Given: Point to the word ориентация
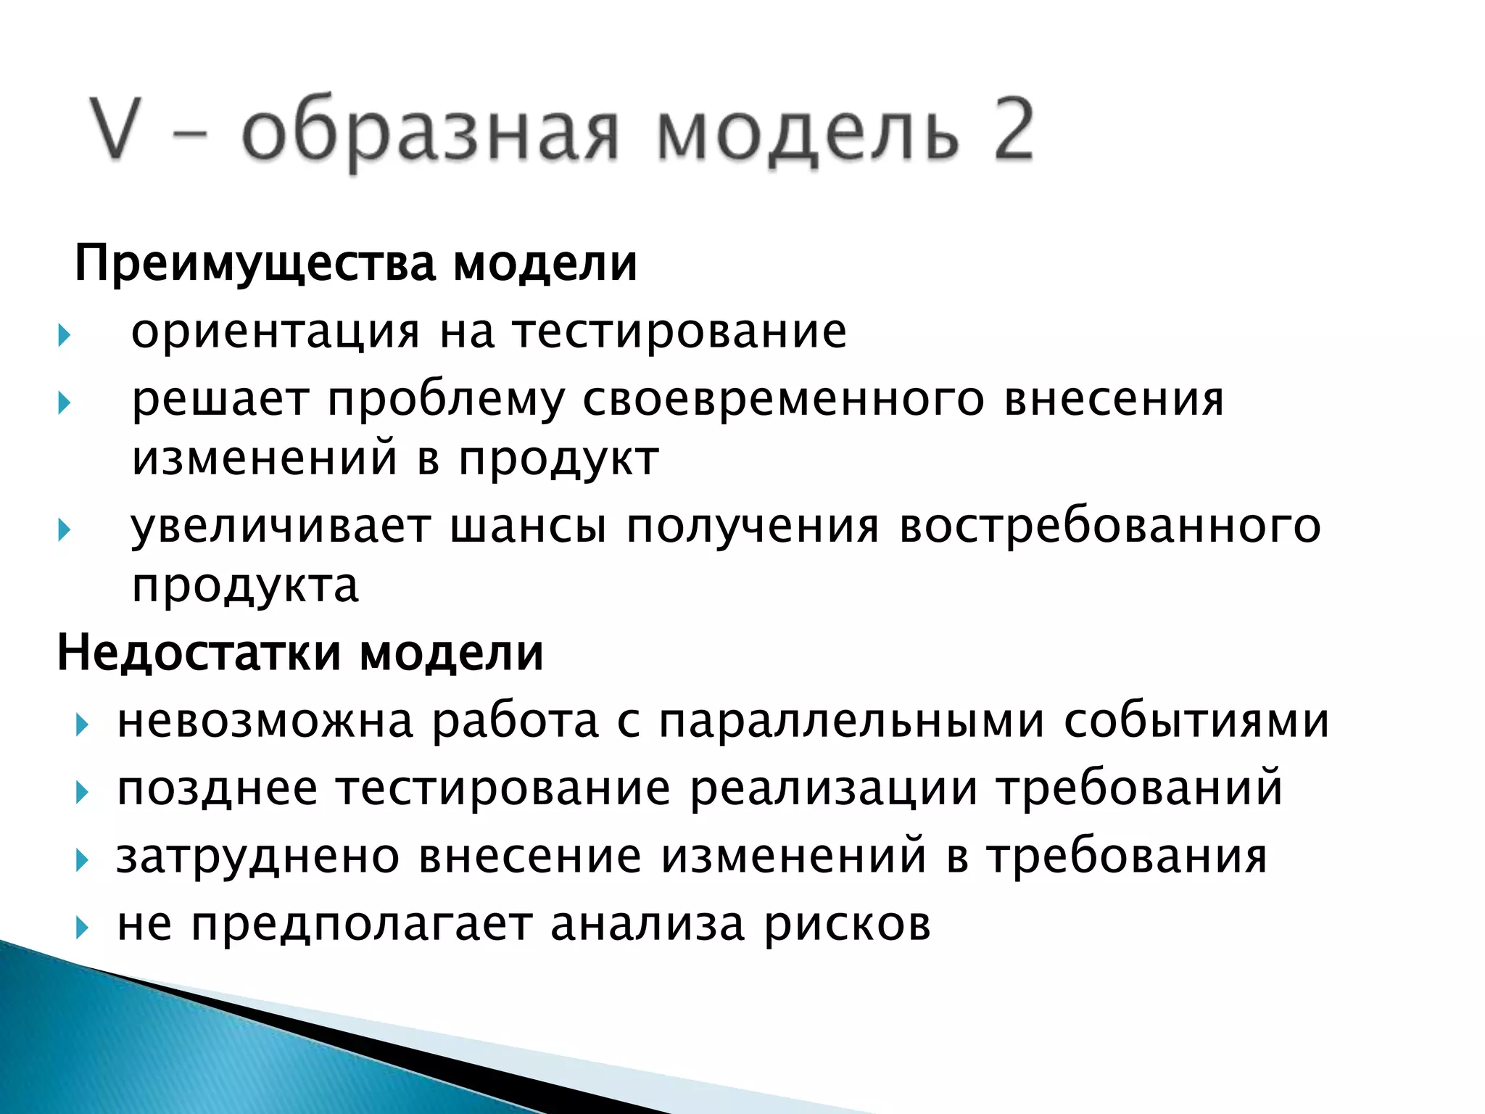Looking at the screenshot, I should point(276,332).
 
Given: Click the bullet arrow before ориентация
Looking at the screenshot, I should point(65,335).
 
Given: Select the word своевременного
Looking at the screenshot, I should point(783,400).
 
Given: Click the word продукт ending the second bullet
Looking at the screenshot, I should point(558,460).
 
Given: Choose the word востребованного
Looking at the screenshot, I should point(1109,527).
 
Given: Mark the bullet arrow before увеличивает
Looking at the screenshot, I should point(65,529).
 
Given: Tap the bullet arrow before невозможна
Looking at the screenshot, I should point(82,725).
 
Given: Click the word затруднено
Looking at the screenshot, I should point(258,857).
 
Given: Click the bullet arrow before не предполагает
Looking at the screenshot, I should point(82,927).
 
